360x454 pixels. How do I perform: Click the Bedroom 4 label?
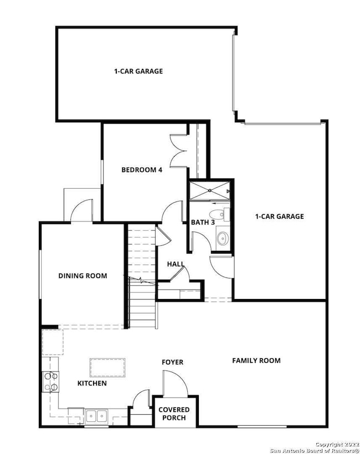(x=142, y=170)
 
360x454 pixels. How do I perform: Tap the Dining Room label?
(x=83, y=276)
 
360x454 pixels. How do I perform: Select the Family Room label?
(x=256, y=360)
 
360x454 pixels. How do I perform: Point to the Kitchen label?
(x=92, y=383)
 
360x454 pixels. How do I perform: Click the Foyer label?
(x=172, y=362)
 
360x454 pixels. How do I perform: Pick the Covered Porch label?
(x=174, y=414)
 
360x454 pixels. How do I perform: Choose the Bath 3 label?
(x=203, y=222)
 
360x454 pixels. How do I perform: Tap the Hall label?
(x=176, y=264)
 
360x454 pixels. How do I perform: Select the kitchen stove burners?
(x=52, y=380)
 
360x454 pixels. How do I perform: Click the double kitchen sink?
(x=96, y=416)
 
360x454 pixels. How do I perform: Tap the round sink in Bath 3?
(x=222, y=239)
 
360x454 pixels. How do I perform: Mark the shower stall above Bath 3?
(x=210, y=190)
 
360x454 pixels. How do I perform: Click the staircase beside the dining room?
(x=141, y=277)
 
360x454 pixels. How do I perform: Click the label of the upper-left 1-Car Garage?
(x=138, y=71)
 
